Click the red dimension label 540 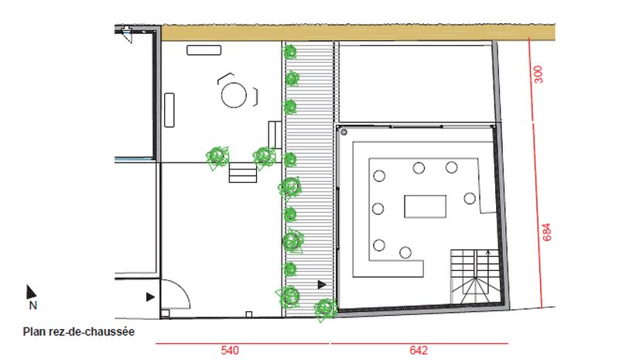pyautogui.click(x=230, y=351)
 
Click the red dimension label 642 pyautogui.click(x=419, y=351)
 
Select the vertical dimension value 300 pyautogui.click(x=538, y=74)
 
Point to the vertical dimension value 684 pyautogui.click(x=546, y=232)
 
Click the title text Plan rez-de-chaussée pyautogui.click(x=79, y=331)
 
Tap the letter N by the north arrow pyautogui.click(x=33, y=306)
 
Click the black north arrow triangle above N pyautogui.click(x=30, y=292)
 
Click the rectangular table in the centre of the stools pyautogui.click(x=425, y=206)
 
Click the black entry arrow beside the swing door pyautogui.click(x=150, y=297)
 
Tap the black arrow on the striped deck pyautogui.click(x=322, y=284)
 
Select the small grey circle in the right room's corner pyautogui.click(x=344, y=132)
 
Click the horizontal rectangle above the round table pyautogui.click(x=203, y=50)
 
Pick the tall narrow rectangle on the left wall pyautogui.click(x=169, y=110)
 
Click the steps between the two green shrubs pyautogui.click(x=243, y=173)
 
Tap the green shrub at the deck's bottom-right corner pyautogui.click(x=325, y=309)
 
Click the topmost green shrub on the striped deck pyautogui.click(x=289, y=52)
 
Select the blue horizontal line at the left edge pyautogui.click(x=134, y=159)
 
